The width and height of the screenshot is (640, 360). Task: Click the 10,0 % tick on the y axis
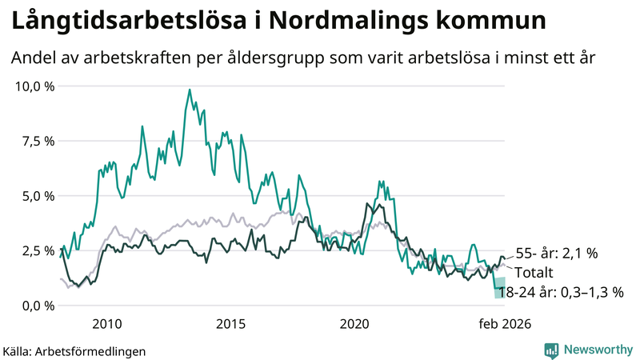coord(34,86)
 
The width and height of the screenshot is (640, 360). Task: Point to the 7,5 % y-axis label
coord(37,141)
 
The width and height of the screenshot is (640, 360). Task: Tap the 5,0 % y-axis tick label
coord(37,196)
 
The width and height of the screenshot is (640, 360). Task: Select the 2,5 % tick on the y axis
coord(37,250)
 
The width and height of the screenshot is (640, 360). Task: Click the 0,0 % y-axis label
coord(37,306)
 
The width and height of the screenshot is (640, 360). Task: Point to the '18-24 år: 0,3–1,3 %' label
coord(560,293)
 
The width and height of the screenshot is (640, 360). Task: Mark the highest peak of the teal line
coord(190,90)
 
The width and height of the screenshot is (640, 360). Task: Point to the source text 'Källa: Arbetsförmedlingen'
coord(74,350)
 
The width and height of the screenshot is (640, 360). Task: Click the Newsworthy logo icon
coord(552,350)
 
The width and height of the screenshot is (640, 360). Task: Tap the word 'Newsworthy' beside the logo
coord(597,350)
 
